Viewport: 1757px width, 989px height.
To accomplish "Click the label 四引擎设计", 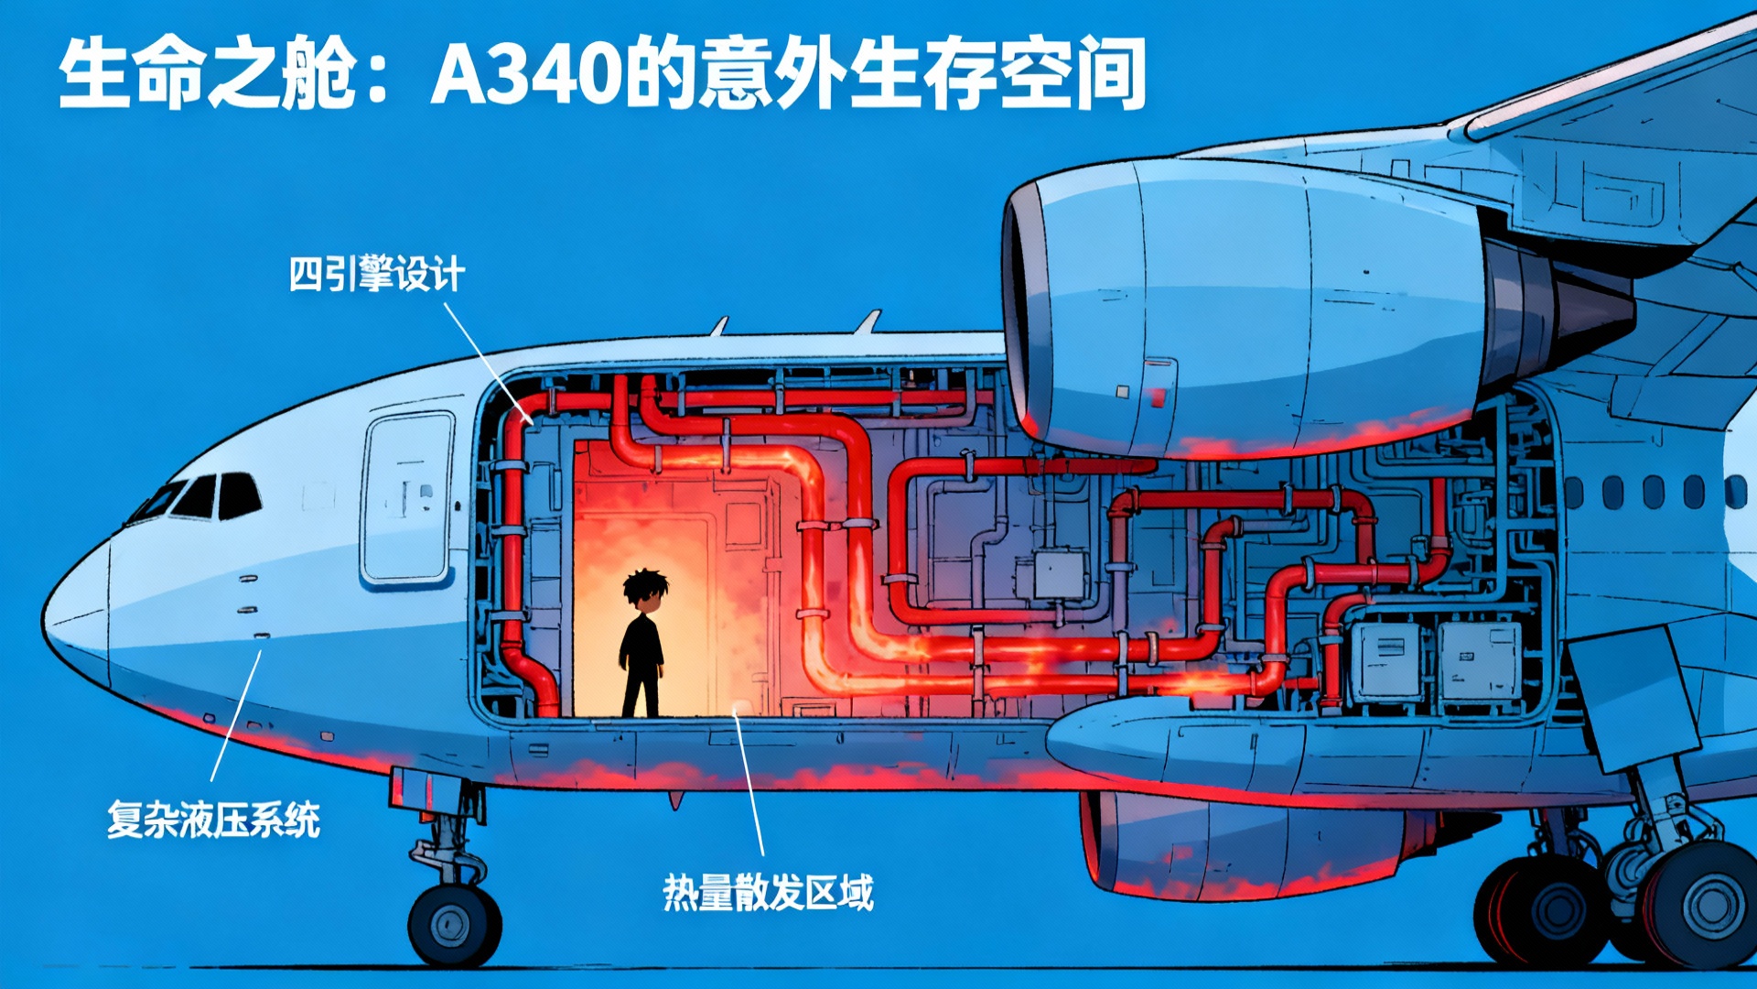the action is pos(376,274).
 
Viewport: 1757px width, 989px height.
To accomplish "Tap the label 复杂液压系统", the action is pos(213,820).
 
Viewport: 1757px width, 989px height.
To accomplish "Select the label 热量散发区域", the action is pos(768,893).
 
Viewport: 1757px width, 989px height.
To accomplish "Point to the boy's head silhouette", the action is pos(645,591).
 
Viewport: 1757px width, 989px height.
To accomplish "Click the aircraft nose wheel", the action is pos(455,925).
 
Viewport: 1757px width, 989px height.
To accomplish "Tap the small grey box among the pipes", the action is pos(1059,574).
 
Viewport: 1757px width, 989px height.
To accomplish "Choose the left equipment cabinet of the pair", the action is pos(1387,661).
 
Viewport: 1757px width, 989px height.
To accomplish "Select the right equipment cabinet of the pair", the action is pos(1480,661).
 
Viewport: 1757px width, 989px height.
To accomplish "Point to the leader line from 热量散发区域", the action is pos(749,783).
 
